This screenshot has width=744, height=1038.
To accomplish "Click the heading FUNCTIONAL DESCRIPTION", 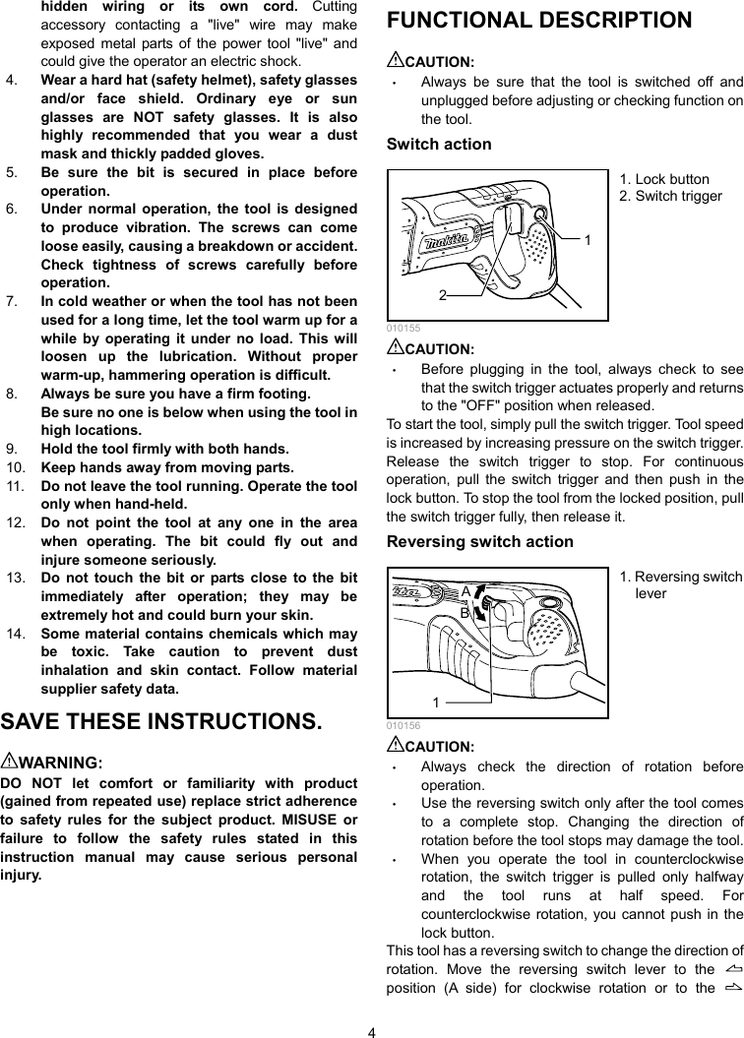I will point(539,21).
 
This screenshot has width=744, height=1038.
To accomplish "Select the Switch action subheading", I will point(439,145).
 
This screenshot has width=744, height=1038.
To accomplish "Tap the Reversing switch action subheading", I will point(480,542).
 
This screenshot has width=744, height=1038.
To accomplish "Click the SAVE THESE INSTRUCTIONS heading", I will point(161,721).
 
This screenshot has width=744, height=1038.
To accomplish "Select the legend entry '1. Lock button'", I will point(664,179).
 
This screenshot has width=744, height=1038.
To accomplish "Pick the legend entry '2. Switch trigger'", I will point(670,196).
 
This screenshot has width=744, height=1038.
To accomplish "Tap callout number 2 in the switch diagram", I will point(443,294).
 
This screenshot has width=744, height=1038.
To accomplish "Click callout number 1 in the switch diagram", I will point(587,239).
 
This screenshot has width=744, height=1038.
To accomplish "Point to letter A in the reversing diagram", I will point(465,591).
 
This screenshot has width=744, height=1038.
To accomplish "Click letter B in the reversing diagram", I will point(465,612).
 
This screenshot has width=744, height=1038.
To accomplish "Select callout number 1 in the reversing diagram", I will point(434,702).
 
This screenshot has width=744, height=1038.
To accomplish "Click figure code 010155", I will point(399,328).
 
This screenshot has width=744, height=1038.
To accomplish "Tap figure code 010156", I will point(399,725).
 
